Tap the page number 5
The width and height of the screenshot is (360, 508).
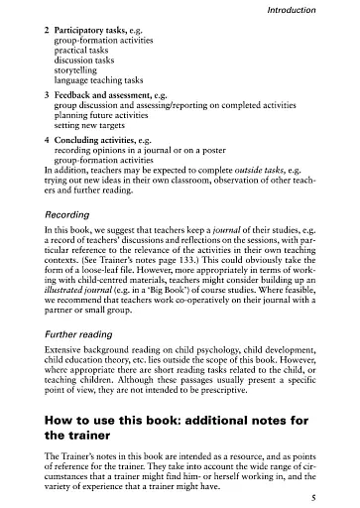coord(338,488)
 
